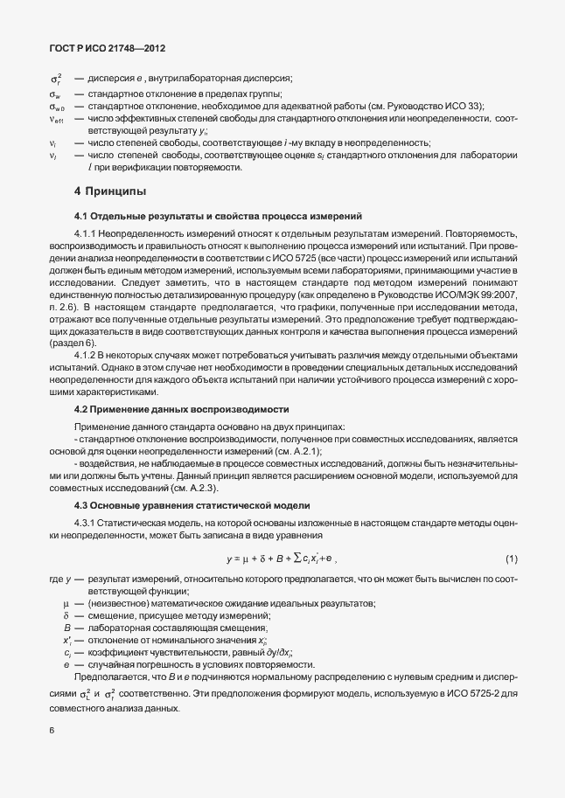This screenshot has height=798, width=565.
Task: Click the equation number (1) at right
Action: (x=512, y=558)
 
